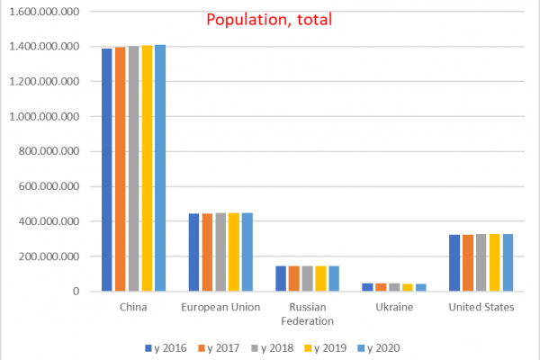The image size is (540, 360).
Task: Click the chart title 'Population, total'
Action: [x=269, y=20]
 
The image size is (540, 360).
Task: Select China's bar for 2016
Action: [x=107, y=170]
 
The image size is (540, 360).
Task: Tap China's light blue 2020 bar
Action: [x=160, y=167]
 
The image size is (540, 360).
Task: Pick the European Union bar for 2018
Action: [x=220, y=252]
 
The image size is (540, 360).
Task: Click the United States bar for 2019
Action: [x=494, y=263]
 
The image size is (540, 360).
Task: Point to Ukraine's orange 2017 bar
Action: [x=381, y=287]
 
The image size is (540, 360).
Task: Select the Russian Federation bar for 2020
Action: [x=334, y=278]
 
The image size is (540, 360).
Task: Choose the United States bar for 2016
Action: [x=454, y=263]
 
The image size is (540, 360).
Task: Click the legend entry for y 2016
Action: [x=166, y=348]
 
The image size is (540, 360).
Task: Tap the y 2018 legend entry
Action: [x=273, y=348]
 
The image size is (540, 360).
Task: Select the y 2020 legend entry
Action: [x=379, y=348]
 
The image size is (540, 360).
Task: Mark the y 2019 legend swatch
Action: [x=308, y=348]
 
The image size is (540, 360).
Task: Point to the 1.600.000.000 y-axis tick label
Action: [x=44, y=12]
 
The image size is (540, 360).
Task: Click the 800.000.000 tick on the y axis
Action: [x=49, y=151]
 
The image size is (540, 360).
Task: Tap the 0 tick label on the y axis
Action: [x=76, y=292]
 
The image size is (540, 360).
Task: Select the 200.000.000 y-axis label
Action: [x=49, y=256]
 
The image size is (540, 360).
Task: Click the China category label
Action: [x=133, y=307]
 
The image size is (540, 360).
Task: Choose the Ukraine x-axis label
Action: [x=394, y=307]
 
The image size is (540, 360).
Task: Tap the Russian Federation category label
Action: [x=307, y=314]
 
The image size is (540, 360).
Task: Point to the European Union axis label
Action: [x=220, y=307]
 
